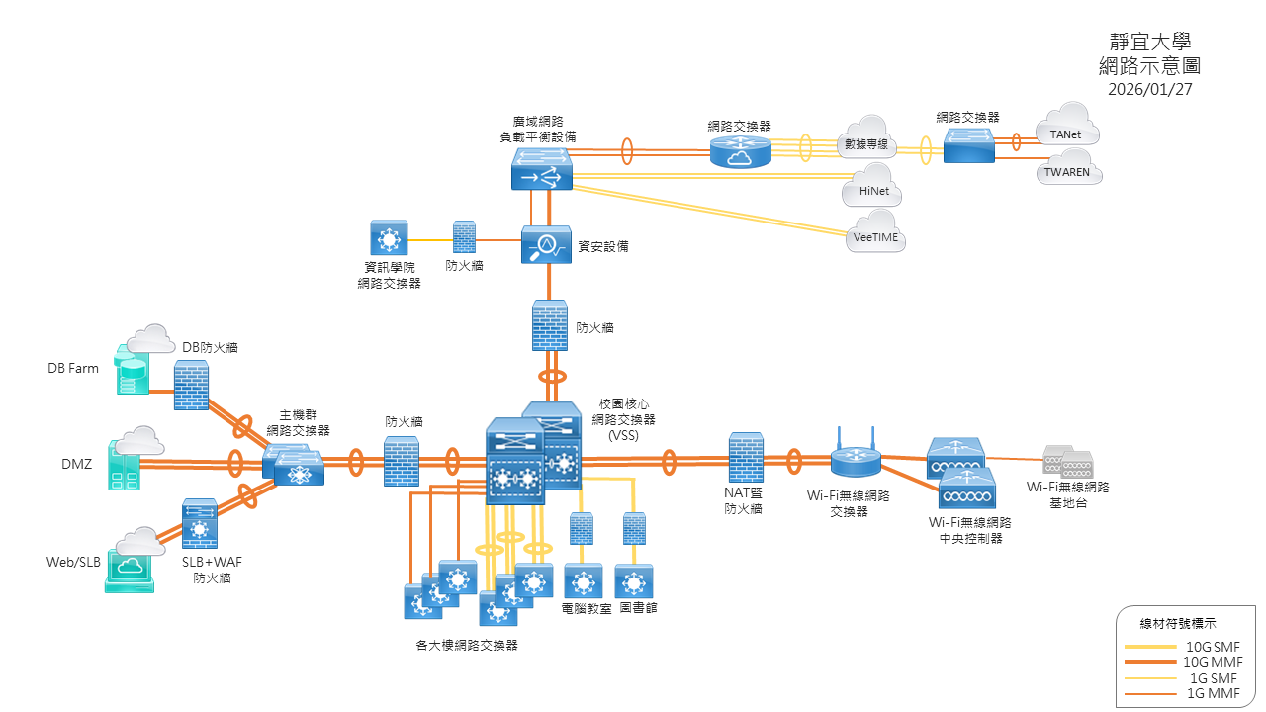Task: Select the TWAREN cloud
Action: (1068, 168)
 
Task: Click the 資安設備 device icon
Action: (546, 245)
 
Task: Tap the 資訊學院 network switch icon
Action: (389, 239)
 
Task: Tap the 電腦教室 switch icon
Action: (583, 581)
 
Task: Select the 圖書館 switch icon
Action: (634, 581)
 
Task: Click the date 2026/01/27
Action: (1150, 89)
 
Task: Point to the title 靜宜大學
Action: (1150, 42)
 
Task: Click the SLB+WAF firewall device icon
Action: (201, 523)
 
